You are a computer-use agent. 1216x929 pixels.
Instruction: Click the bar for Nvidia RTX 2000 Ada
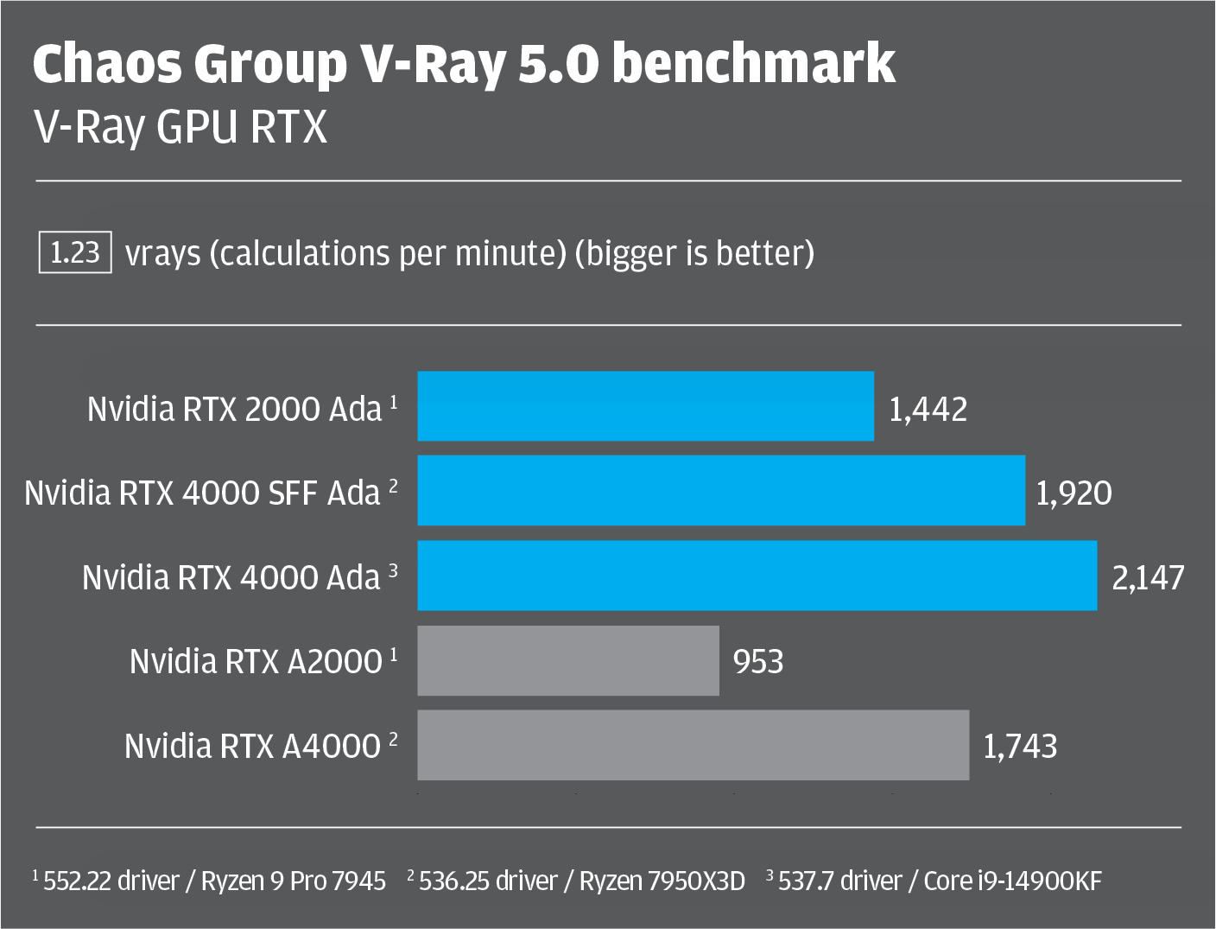point(645,406)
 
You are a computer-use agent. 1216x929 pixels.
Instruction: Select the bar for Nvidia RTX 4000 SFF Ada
point(721,491)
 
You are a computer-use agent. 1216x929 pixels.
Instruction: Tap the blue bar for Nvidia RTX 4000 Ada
point(757,576)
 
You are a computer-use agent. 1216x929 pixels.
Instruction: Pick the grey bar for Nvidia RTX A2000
point(568,660)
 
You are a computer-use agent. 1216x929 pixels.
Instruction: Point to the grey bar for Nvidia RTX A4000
point(693,745)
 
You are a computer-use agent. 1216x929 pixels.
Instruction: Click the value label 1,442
point(928,409)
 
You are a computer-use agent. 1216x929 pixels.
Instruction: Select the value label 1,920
point(1073,493)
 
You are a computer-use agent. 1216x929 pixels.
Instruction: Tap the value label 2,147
point(1148,577)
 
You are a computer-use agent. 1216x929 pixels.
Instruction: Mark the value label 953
point(758,662)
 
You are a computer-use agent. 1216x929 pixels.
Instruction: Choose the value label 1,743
point(1020,746)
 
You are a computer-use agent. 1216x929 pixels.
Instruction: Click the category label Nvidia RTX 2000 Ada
point(234,409)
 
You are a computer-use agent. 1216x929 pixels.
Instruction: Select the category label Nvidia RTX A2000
point(256,662)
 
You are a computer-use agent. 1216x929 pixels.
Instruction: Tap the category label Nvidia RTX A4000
point(252,746)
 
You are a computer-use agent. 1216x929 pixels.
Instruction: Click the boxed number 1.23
point(75,252)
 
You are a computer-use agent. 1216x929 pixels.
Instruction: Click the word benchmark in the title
point(753,64)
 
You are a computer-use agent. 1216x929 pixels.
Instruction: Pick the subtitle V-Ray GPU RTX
point(180,128)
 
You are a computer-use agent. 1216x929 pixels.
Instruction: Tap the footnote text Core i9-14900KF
point(1012,881)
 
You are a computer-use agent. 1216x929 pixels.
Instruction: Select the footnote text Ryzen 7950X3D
point(662,881)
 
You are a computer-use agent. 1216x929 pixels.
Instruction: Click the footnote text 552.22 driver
point(111,881)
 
